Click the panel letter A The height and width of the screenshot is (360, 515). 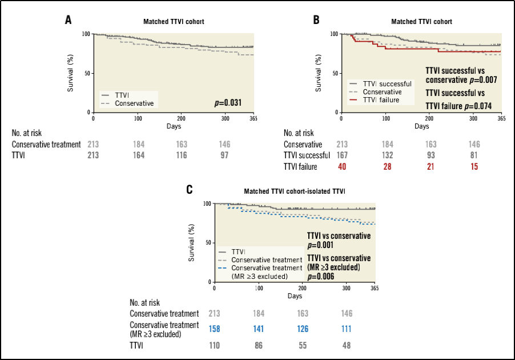pos(68,20)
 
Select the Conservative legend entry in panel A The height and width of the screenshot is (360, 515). pos(134,103)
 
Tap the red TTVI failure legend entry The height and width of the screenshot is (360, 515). pos(381,100)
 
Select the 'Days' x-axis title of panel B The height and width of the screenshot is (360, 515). pos(421,126)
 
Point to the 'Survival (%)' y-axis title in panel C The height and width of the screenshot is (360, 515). pos(192,243)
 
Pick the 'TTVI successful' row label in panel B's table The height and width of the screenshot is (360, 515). pos(307,155)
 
